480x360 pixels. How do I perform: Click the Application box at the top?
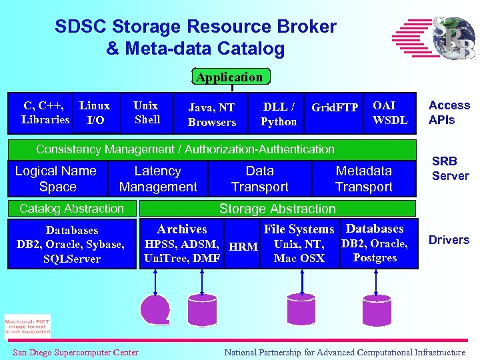(x=229, y=77)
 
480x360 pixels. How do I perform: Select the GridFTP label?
(x=335, y=107)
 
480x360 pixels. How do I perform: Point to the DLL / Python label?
(x=279, y=114)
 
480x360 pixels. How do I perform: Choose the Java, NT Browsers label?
(x=212, y=115)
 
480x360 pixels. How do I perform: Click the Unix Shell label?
(x=147, y=113)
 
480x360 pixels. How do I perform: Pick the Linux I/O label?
(x=95, y=113)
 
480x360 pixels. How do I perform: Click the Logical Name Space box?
(x=56, y=179)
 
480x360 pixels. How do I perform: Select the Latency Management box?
(x=158, y=179)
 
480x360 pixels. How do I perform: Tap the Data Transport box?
(x=259, y=179)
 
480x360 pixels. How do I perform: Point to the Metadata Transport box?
(x=363, y=179)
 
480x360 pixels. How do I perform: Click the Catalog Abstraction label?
(x=72, y=209)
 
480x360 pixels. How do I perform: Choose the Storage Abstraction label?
(x=277, y=209)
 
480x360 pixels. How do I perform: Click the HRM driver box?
(x=243, y=247)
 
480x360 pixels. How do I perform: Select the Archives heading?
(x=182, y=229)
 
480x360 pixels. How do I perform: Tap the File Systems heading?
(x=299, y=229)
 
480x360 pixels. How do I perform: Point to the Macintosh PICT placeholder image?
(x=27, y=326)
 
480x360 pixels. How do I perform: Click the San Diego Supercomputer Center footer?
(x=75, y=352)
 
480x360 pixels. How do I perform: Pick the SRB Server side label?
(x=450, y=169)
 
